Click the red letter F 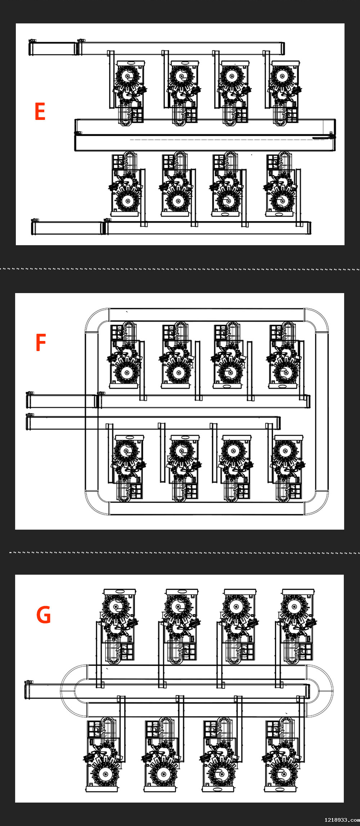click(41, 342)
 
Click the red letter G click(44, 615)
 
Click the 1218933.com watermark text click(342, 820)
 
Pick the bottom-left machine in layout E click(126, 184)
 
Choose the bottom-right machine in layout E click(280, 184)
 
